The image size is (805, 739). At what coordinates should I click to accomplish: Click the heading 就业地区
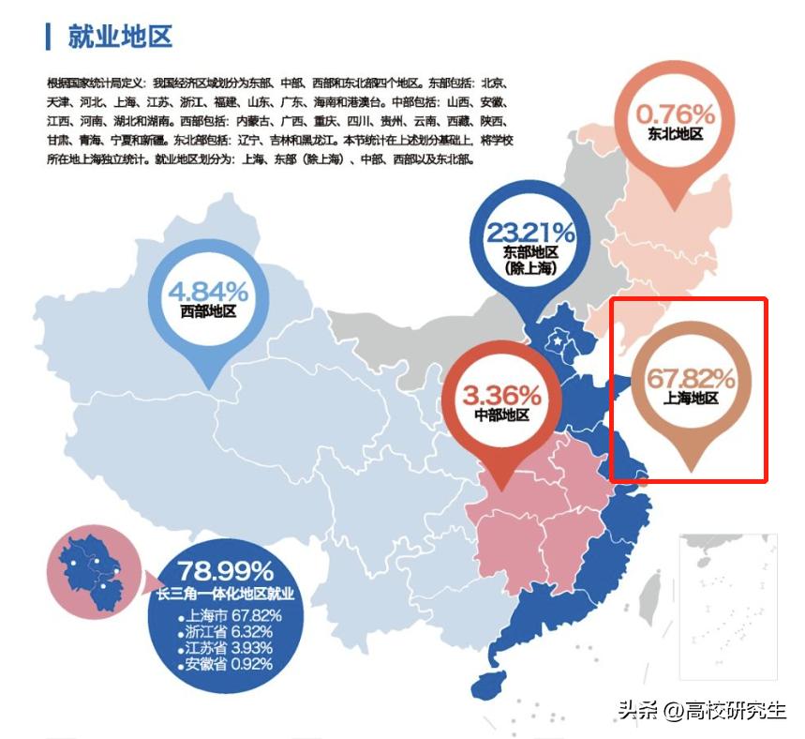120,38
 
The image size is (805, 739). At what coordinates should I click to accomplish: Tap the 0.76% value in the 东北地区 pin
676,114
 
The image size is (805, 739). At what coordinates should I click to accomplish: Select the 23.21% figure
530,232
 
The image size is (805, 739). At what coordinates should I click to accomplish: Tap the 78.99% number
226,570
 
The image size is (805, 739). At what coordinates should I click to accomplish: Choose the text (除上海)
530,268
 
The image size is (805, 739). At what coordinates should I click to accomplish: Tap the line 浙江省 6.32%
231,631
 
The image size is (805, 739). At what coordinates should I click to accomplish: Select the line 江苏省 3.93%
231,647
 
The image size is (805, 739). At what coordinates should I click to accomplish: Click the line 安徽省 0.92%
231,664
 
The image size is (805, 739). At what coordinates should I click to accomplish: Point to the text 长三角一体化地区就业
226,594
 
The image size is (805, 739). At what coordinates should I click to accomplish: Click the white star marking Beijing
560,342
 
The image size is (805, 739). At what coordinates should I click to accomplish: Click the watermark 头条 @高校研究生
701,710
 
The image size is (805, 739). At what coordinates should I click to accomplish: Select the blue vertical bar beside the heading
48,38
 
